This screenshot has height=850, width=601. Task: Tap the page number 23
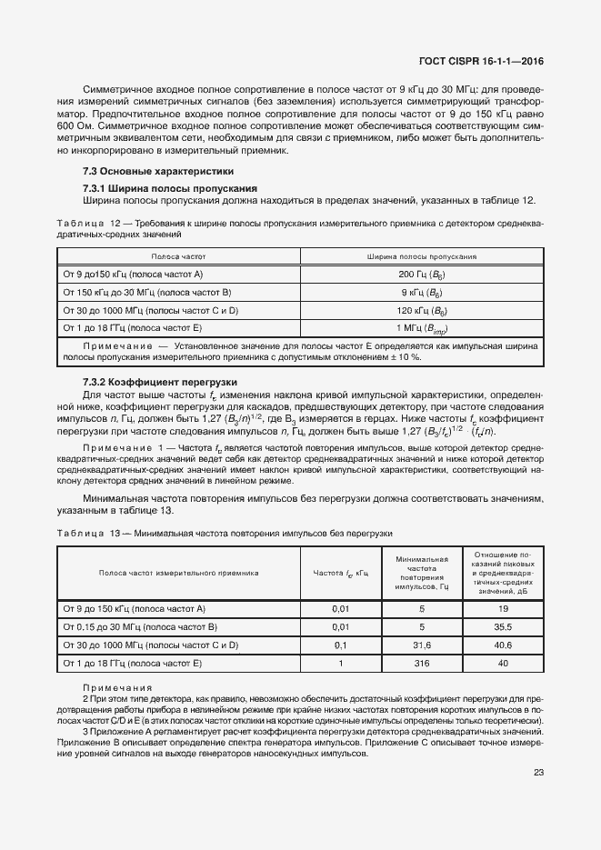(538, 773)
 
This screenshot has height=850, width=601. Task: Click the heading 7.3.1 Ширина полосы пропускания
(170, 188)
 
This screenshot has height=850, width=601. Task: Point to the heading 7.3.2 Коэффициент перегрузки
(159, 383)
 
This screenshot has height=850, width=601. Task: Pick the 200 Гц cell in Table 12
(421, 274)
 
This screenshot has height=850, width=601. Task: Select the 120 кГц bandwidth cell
(421, 310)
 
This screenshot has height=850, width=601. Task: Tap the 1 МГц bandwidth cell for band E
(422, 328)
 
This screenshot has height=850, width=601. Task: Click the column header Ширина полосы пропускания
(422, 256)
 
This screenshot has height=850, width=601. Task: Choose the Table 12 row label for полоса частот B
(146, 292)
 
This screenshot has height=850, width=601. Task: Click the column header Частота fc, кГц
(341, 573)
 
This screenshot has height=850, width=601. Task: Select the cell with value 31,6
(422, 645)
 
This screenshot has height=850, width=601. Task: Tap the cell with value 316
(422, 664)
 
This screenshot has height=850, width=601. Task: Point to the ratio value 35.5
(503, 626)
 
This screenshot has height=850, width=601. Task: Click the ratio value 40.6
(503, 645)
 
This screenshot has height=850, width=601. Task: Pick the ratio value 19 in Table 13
(503, 608)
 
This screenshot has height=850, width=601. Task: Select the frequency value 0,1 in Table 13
(341, 645)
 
